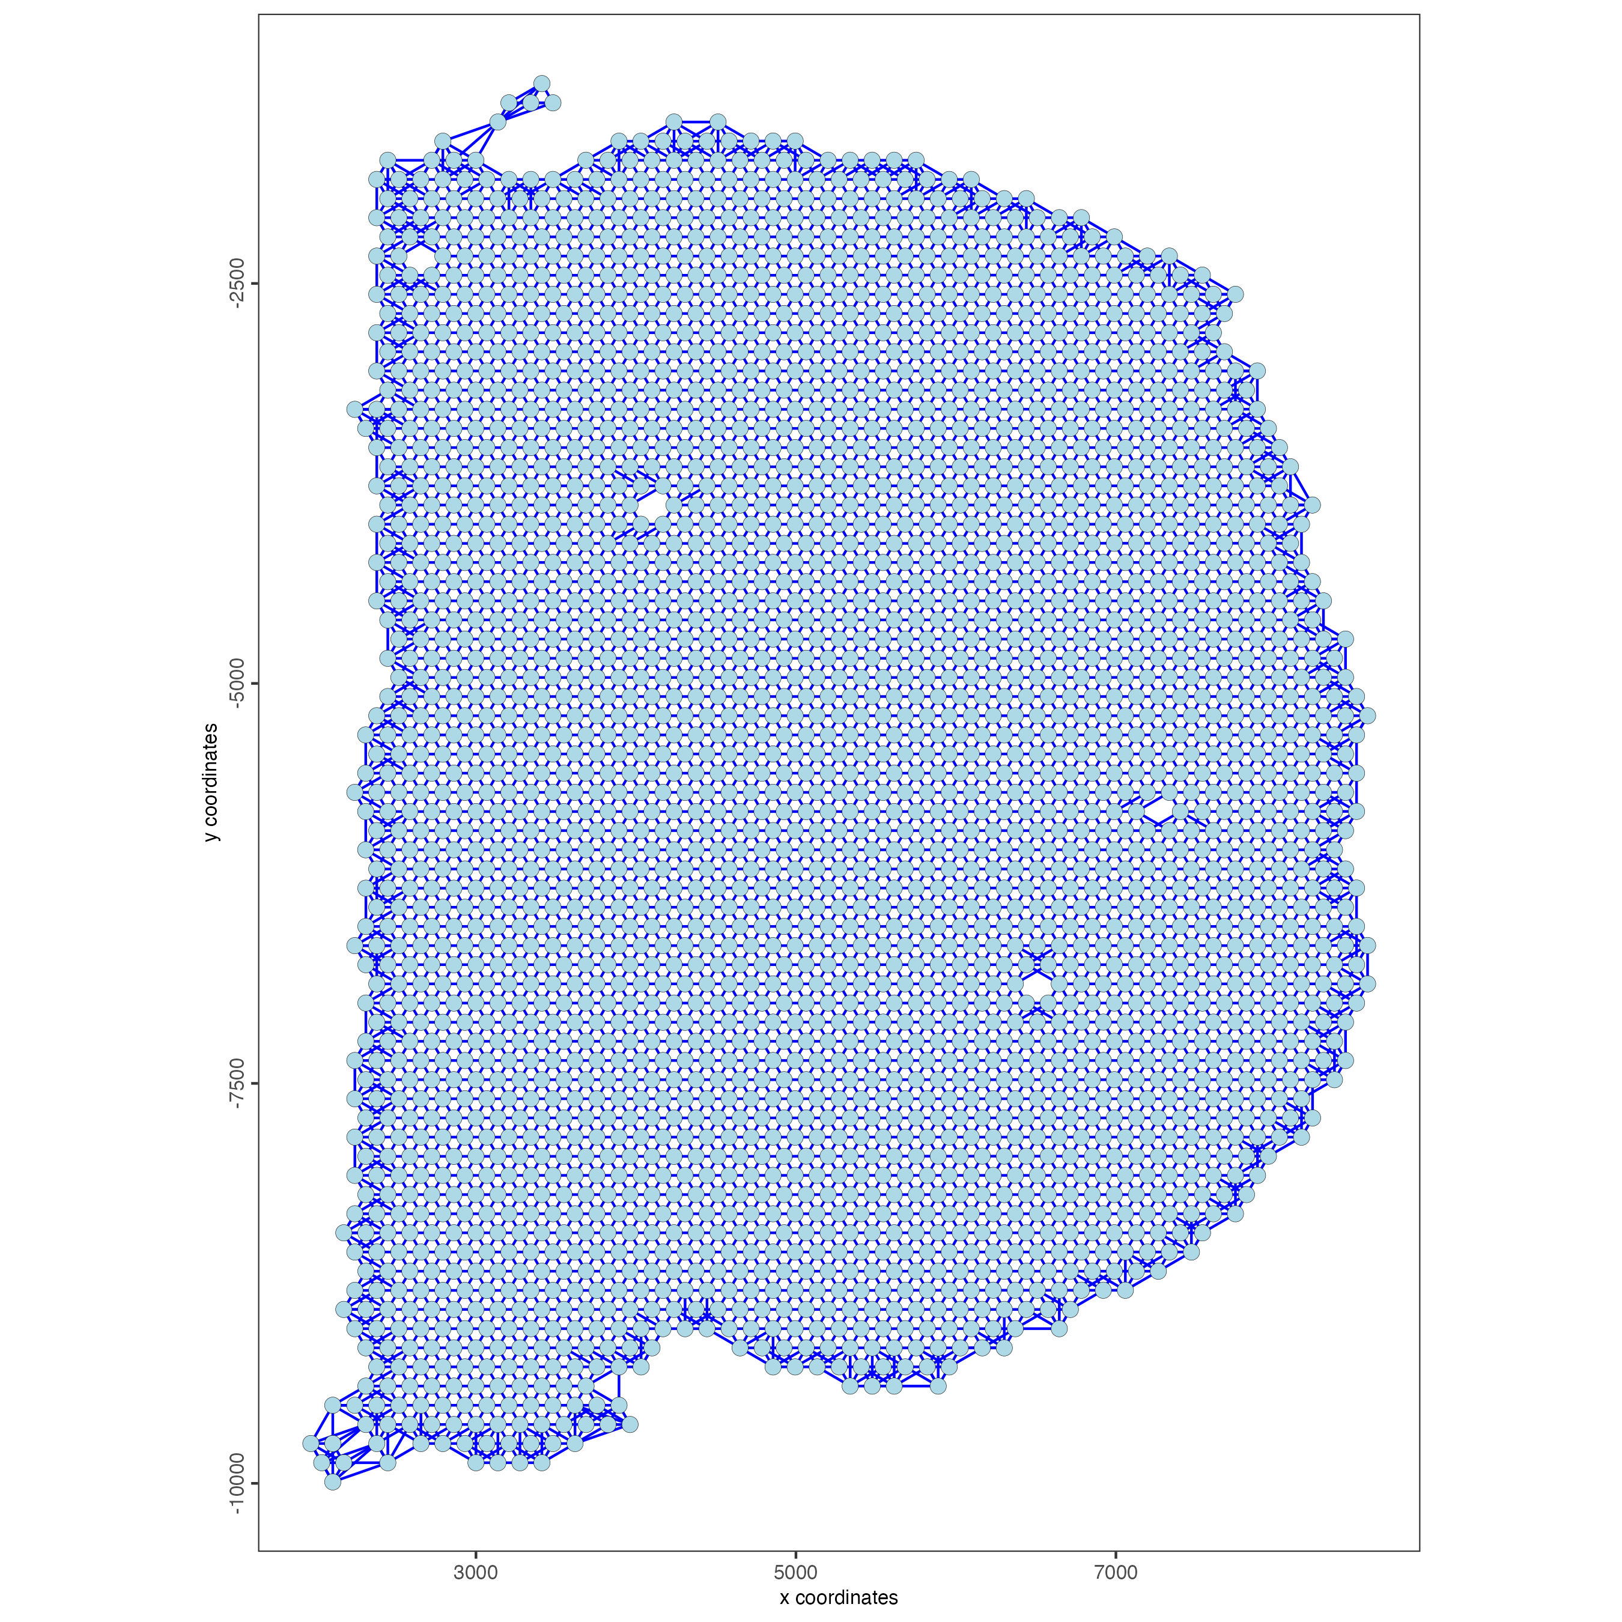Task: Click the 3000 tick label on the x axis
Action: [x=475, y=1573]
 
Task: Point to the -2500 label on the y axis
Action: [x=237, y=284]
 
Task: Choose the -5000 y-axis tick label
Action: [x=237, y=684]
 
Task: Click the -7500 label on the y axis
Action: [x=237, y=1084]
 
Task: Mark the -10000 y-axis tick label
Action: [x=237, y=1483]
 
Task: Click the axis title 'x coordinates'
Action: [x=838, y=1597]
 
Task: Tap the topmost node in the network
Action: [x=541, y=83]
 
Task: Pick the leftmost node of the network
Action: [x=311, y=1443]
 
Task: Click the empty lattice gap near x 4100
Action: [x=651, y=505]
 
